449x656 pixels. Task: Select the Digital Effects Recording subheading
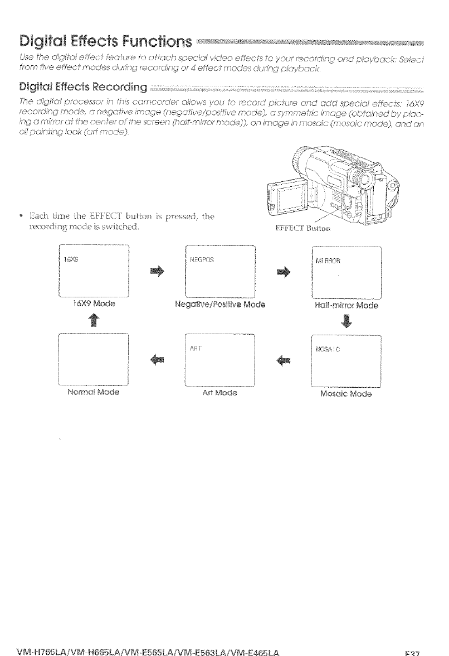[83, 87]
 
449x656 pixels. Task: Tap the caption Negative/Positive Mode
[219, 305]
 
